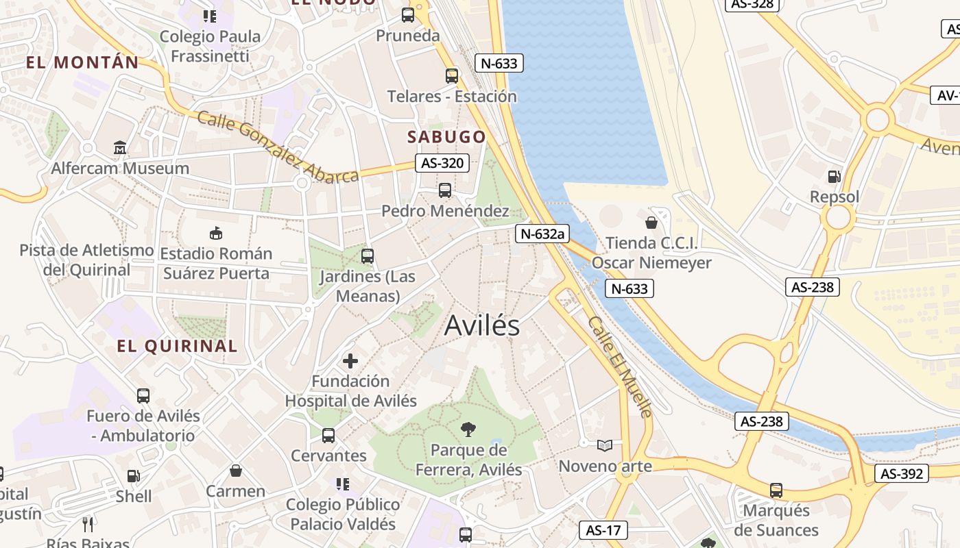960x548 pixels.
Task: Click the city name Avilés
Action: point(482,326)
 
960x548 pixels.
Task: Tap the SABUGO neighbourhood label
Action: point(446,137)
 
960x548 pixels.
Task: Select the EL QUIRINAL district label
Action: point(177,346)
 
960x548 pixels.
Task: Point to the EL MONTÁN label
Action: point(82,62)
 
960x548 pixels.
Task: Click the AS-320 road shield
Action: point(442,163)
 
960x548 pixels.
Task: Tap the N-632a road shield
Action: point(542,234)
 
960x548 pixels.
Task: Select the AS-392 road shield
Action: point(901,473)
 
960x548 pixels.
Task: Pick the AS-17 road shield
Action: point(603,530)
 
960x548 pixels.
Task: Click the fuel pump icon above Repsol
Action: point(834,177)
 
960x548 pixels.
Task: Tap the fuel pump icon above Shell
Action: point(134,475)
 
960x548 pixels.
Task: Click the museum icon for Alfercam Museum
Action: point(120,147)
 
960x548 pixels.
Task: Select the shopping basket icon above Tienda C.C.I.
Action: point(651,223)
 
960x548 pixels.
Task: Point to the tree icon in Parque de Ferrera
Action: point(468,429)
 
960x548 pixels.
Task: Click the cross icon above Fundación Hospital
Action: point(350,360)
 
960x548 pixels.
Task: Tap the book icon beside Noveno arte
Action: point(604,446)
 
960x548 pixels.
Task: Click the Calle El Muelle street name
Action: point(620,366)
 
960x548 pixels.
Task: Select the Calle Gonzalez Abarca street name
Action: point(278,147)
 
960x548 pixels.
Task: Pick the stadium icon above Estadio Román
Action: point(216,233)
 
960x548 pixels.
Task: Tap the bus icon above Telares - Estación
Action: point(451,75)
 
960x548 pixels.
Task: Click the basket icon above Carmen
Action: point(235,471)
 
